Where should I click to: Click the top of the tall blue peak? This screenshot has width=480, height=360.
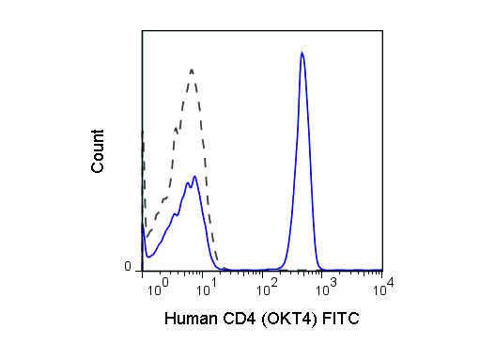click(302, 54)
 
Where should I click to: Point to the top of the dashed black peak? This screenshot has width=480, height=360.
click(192, 69)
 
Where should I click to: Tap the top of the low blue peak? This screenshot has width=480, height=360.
click(194, 176)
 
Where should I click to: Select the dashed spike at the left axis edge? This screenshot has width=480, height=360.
click(143, 141)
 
